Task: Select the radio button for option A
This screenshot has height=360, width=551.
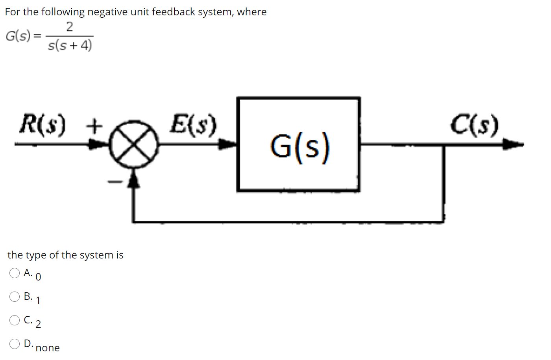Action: (x=15, y=273)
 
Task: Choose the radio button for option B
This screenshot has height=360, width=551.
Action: (x=15, y=297)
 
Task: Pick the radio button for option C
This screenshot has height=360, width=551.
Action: (x=15, y=320)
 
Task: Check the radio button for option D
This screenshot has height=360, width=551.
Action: (x=15, y=344)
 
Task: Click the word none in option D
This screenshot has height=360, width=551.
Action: (x=48, y=348)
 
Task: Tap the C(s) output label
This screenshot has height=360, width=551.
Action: (x=475, y=125)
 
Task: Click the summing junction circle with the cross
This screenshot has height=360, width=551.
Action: (x=134, y=144)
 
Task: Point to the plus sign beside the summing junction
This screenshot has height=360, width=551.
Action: (x=94, y=127)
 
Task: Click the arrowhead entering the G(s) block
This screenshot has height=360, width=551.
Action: (x=228, y=144)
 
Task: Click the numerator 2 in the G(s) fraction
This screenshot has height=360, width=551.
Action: (x=69, y=27)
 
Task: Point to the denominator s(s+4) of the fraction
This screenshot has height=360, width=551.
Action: (x=70, y=45)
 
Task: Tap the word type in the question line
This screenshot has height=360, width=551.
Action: (x=36, y=255)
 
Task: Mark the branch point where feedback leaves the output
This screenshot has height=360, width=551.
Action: (x=444, y=145)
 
